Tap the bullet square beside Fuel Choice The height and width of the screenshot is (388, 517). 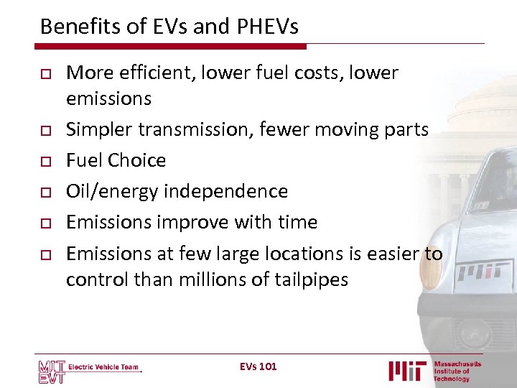tap(45, 161)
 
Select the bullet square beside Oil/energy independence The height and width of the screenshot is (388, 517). tap(45, 192)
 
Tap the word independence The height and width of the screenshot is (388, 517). tap(225, 191)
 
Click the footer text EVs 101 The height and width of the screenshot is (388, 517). tap(258, 366)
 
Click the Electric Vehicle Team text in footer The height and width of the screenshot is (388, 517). tap(103, 367)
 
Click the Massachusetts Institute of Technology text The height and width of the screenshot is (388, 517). tap(457, 371)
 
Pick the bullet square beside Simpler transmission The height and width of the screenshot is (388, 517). tap(45, 130)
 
